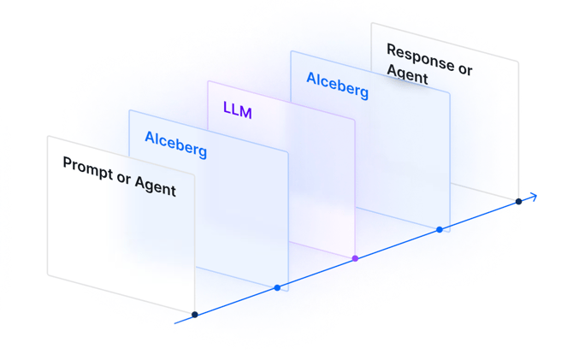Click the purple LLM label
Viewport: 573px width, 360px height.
point(237,110)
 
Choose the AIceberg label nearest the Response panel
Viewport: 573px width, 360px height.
point(337,84)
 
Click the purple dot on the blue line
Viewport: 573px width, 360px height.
point(355,258)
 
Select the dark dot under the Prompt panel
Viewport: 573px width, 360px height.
point(195,315)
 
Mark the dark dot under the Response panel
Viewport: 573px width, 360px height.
point(518,202)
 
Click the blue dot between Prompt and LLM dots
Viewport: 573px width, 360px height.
point(277,287)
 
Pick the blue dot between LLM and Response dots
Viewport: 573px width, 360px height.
point(440,230)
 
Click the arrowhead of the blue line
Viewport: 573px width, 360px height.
point(534,197)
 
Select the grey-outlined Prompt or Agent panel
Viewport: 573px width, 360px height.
point(120,239)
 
